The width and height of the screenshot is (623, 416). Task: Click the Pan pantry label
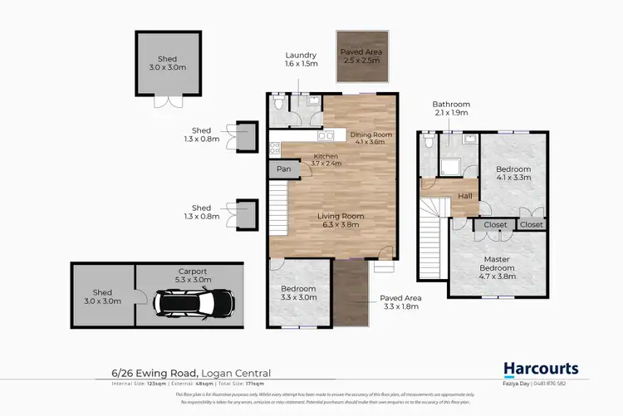point(283,169)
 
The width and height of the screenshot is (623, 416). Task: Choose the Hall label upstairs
point(465,196)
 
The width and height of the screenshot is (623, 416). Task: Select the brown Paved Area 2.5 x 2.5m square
point(360,56)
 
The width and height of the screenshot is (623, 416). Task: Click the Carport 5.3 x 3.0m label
point(192,275)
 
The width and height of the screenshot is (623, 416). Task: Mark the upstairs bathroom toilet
point(428,142)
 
